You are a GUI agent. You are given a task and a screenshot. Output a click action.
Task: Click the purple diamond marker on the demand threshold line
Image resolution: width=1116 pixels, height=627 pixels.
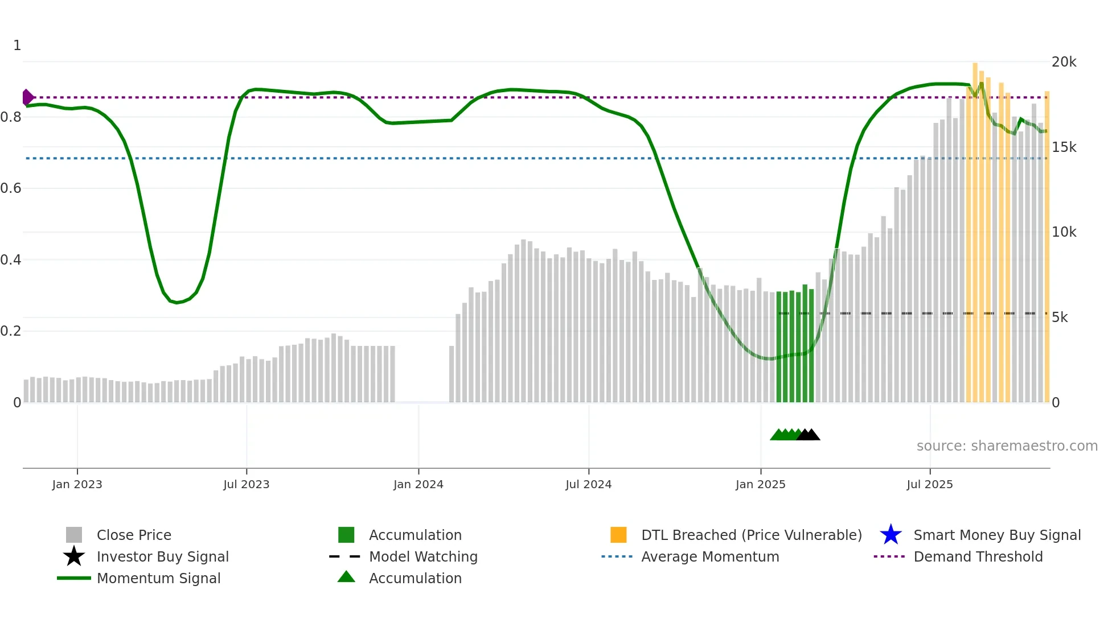[x=27, y=97]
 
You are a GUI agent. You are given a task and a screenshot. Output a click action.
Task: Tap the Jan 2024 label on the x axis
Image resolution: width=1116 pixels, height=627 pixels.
[x=418, y=484]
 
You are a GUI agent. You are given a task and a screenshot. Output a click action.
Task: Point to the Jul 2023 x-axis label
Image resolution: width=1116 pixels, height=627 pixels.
[x=246, y=484]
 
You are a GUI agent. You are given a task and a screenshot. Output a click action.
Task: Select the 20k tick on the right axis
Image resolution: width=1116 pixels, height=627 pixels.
[x=1064, y=62]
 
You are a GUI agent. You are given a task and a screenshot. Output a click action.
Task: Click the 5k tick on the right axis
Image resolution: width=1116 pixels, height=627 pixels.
[x=1060, y=317]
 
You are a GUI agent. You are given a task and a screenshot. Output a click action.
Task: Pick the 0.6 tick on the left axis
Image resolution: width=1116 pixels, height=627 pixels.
[x=11, y=188]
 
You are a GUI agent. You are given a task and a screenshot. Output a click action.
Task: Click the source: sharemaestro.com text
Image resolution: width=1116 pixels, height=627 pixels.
[x=1007, y=446]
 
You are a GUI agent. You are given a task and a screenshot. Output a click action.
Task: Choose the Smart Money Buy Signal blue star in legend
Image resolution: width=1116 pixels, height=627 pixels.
[x=891, y=535]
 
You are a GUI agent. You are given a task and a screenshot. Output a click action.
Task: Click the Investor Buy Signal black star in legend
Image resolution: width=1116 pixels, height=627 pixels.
[x=74, y=556]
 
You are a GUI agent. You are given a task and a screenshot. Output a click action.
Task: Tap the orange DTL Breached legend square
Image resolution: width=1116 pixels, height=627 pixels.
[x=618, y=535]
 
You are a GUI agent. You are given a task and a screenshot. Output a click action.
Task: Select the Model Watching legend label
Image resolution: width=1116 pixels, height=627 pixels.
[x=423, y=556]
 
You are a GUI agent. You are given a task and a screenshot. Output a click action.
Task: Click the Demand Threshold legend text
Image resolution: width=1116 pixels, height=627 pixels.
[x=978, y=556]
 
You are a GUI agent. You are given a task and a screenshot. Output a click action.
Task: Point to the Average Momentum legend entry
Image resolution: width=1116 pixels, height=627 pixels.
[x=709, y=556]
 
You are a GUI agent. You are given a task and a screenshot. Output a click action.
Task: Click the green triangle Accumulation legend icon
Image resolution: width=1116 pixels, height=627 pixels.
[x=346, y=577]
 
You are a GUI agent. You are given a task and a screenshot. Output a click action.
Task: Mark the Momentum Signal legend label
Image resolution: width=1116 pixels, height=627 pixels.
[x=158, y=578]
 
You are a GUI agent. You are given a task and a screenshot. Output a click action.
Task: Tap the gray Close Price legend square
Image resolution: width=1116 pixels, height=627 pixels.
[x=74, y=535]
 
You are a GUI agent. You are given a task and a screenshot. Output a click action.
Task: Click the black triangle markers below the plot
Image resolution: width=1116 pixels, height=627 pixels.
[x=809, y=435]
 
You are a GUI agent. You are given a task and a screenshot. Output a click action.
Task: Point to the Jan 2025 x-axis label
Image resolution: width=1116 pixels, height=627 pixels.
[x=760, y=484]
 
